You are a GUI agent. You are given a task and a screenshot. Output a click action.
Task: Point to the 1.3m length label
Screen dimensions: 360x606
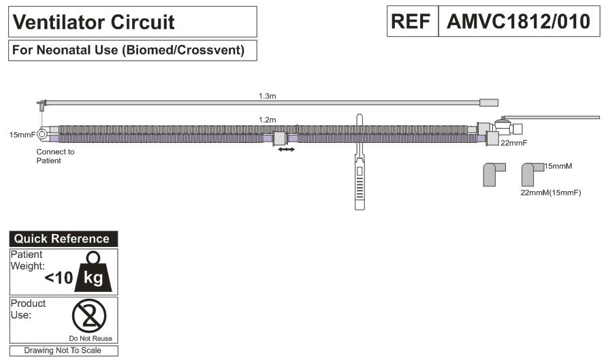click(x=267, y=96)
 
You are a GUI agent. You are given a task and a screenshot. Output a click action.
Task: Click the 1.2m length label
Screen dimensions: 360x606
click(x=267, y=120)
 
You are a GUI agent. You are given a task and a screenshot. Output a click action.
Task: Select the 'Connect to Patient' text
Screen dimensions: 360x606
click(x=55, y=156)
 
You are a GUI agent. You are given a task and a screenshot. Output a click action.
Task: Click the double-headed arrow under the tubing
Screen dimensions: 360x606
click(x=287, y=148)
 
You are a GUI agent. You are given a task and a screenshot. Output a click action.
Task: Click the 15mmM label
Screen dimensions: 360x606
click(x=558, y=165)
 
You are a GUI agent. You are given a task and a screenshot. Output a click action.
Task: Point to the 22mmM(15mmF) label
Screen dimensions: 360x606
click(x=550, y=193)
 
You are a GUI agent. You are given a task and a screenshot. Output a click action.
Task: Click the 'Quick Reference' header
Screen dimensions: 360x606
click(x=62, y=239)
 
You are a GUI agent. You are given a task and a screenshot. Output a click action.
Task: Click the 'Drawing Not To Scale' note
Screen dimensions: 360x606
click(x=63, y=350)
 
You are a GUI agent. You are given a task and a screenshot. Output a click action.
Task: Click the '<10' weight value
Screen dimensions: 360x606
click(x=59, y=278)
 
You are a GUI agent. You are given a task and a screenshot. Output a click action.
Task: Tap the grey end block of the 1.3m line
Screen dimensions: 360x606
click(x=489, y=103)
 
